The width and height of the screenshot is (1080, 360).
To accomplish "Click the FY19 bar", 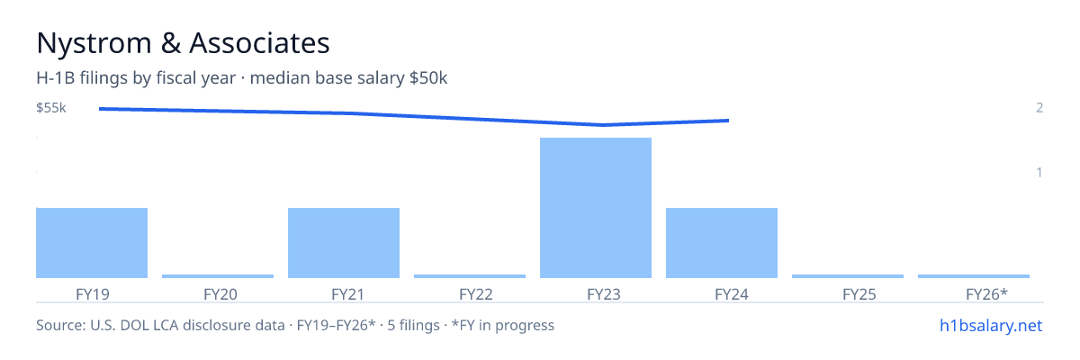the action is (x=92, y=243).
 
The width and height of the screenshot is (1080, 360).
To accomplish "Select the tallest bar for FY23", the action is (x=596, y=208).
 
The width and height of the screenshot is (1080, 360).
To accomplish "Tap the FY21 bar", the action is (x=344, y=243).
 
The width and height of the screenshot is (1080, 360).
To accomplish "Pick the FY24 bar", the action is (x=722, y=243).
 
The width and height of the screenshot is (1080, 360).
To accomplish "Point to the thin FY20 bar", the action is (x=218, y=276).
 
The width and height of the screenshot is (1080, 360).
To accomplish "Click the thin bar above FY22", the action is (x=470, y=276).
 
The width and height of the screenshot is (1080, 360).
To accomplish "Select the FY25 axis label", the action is (x=859, y=294).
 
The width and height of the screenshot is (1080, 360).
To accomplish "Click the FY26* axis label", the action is (x=986, y=294).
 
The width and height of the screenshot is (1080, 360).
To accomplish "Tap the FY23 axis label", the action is (x=604, y=294).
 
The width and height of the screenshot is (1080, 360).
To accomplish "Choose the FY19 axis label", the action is (x=93, y=294).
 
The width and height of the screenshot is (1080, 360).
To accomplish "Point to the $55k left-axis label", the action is (x=51, y=107).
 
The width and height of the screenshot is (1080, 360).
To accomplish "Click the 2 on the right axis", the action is (x=1039, y=107).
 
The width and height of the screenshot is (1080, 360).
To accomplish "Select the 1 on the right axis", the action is (x=1039, y=172).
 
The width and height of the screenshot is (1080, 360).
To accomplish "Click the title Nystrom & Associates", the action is (x=184, y=43).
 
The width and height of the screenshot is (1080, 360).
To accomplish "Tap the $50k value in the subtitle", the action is (x=428, y=78).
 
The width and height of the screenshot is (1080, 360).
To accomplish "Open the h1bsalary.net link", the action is (x=991, y=325).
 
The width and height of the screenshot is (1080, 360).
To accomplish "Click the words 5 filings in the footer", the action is (x=413, y=325).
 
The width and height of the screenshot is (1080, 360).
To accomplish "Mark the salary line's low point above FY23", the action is (x=603, y=125).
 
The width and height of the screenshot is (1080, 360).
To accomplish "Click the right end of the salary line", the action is (x=728, y=121).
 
